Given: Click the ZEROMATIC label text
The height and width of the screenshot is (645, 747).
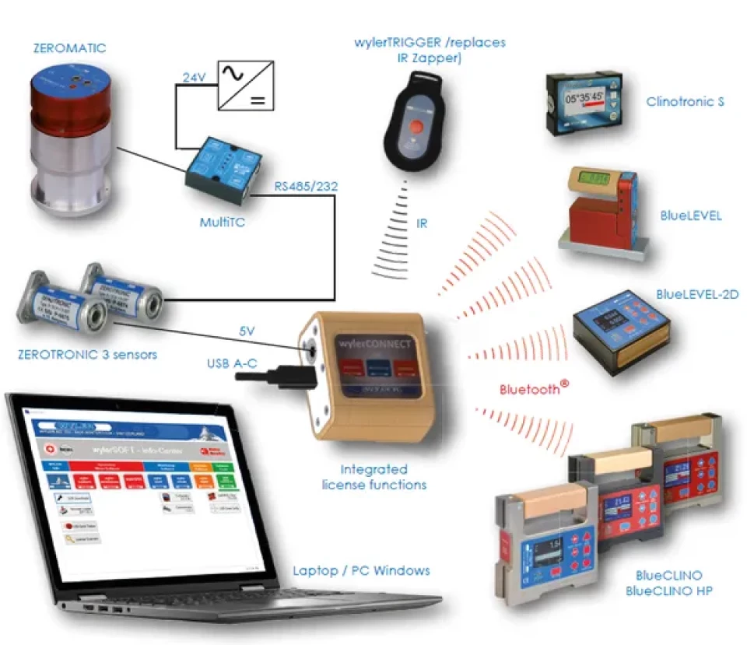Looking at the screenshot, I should click(69, 48).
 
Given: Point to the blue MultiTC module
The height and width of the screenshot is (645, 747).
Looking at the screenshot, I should click(224, 166).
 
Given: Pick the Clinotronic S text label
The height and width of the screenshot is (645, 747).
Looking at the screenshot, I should click(685, 102).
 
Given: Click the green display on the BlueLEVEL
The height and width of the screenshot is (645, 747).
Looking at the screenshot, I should click(601, 181).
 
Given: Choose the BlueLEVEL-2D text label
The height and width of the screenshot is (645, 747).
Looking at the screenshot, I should click(697, 295).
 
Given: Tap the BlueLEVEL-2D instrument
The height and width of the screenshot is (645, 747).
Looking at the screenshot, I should click(621, 331).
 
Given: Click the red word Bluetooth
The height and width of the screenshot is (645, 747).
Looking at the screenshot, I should click(530, 388).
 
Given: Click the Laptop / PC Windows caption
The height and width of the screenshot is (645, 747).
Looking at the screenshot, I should click(361, 571).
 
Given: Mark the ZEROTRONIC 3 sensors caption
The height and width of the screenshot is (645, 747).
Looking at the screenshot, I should click(87, 355).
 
